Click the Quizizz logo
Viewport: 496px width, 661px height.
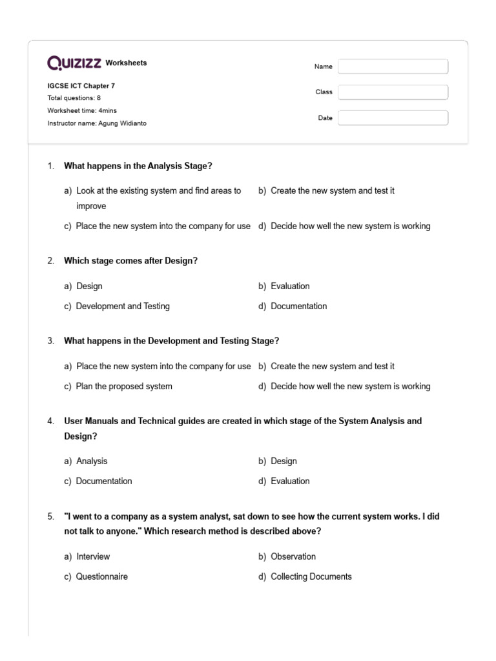74,63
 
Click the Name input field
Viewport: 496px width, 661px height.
393,66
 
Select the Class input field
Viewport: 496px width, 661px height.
393,92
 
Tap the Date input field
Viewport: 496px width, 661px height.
393,118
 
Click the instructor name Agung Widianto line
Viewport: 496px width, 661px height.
97,123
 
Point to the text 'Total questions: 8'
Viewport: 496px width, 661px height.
74,98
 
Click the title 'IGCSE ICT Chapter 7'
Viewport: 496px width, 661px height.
81,86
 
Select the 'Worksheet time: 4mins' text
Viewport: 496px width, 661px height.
82,110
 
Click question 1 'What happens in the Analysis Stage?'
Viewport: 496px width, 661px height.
138,166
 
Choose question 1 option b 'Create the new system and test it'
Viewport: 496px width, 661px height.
332,191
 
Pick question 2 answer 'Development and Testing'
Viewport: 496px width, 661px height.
123,306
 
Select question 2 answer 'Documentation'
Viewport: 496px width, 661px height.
298,306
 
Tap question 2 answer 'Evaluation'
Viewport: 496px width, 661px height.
290,286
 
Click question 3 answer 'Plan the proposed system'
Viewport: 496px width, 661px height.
124,387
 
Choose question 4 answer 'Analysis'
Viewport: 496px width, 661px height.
92,461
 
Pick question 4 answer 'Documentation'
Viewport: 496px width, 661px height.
104,481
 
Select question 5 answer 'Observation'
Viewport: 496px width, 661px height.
293,556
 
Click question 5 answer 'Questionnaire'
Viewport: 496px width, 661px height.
102,576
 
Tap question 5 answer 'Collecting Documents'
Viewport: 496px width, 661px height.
311,576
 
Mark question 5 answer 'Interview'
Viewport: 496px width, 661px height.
93,556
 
